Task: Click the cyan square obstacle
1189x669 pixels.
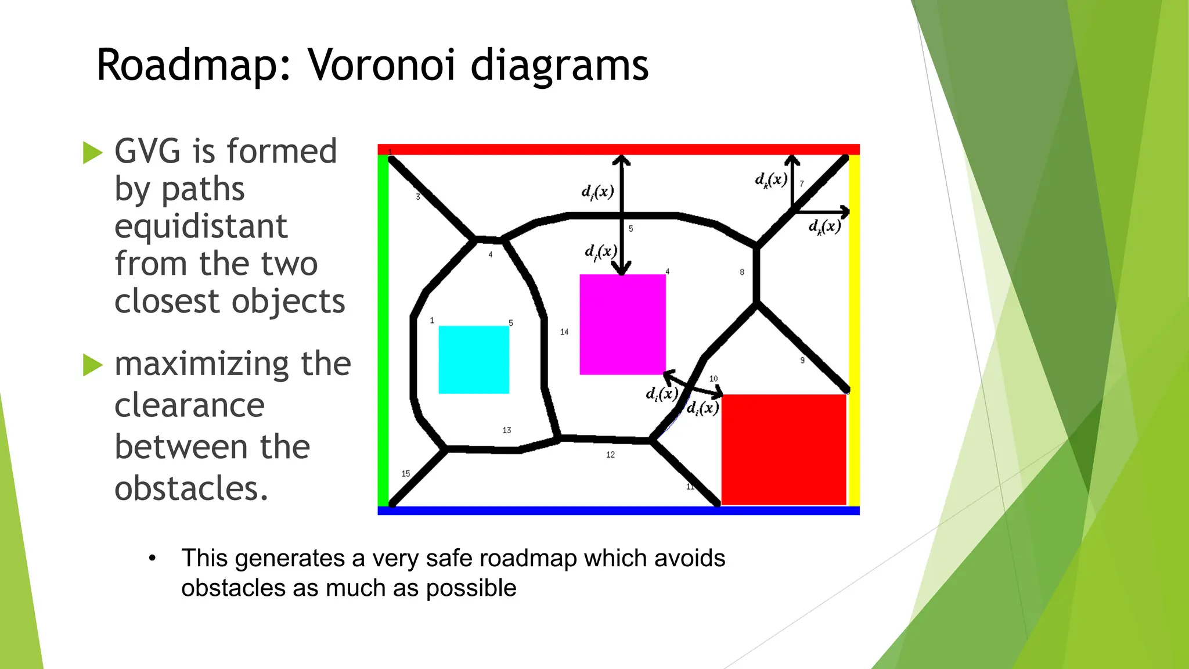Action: pos(474,359)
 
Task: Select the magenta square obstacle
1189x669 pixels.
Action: pos(622,324)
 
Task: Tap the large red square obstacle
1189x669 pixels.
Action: pos(783,449)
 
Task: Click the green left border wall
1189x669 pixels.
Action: pos(383,331)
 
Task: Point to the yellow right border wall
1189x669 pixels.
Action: pos(854,331)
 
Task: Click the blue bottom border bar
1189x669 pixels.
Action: pos(618,510)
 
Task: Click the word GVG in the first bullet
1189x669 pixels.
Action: pos(148,152)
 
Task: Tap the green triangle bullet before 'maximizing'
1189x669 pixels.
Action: pos(92,365)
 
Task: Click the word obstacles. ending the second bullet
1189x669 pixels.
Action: pos(192,488)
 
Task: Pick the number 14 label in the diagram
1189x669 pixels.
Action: pos(564,332)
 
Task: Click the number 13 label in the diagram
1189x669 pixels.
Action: pos(507,430)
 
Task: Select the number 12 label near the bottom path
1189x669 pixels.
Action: pos(610,455)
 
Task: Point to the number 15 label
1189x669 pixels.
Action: pos(406,474)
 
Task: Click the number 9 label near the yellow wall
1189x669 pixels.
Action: pos(802,361)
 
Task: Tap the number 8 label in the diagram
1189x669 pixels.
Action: pos(742,272)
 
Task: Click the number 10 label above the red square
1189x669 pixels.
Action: pos(714,379)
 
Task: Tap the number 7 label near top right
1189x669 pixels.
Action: pos(802,184)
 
